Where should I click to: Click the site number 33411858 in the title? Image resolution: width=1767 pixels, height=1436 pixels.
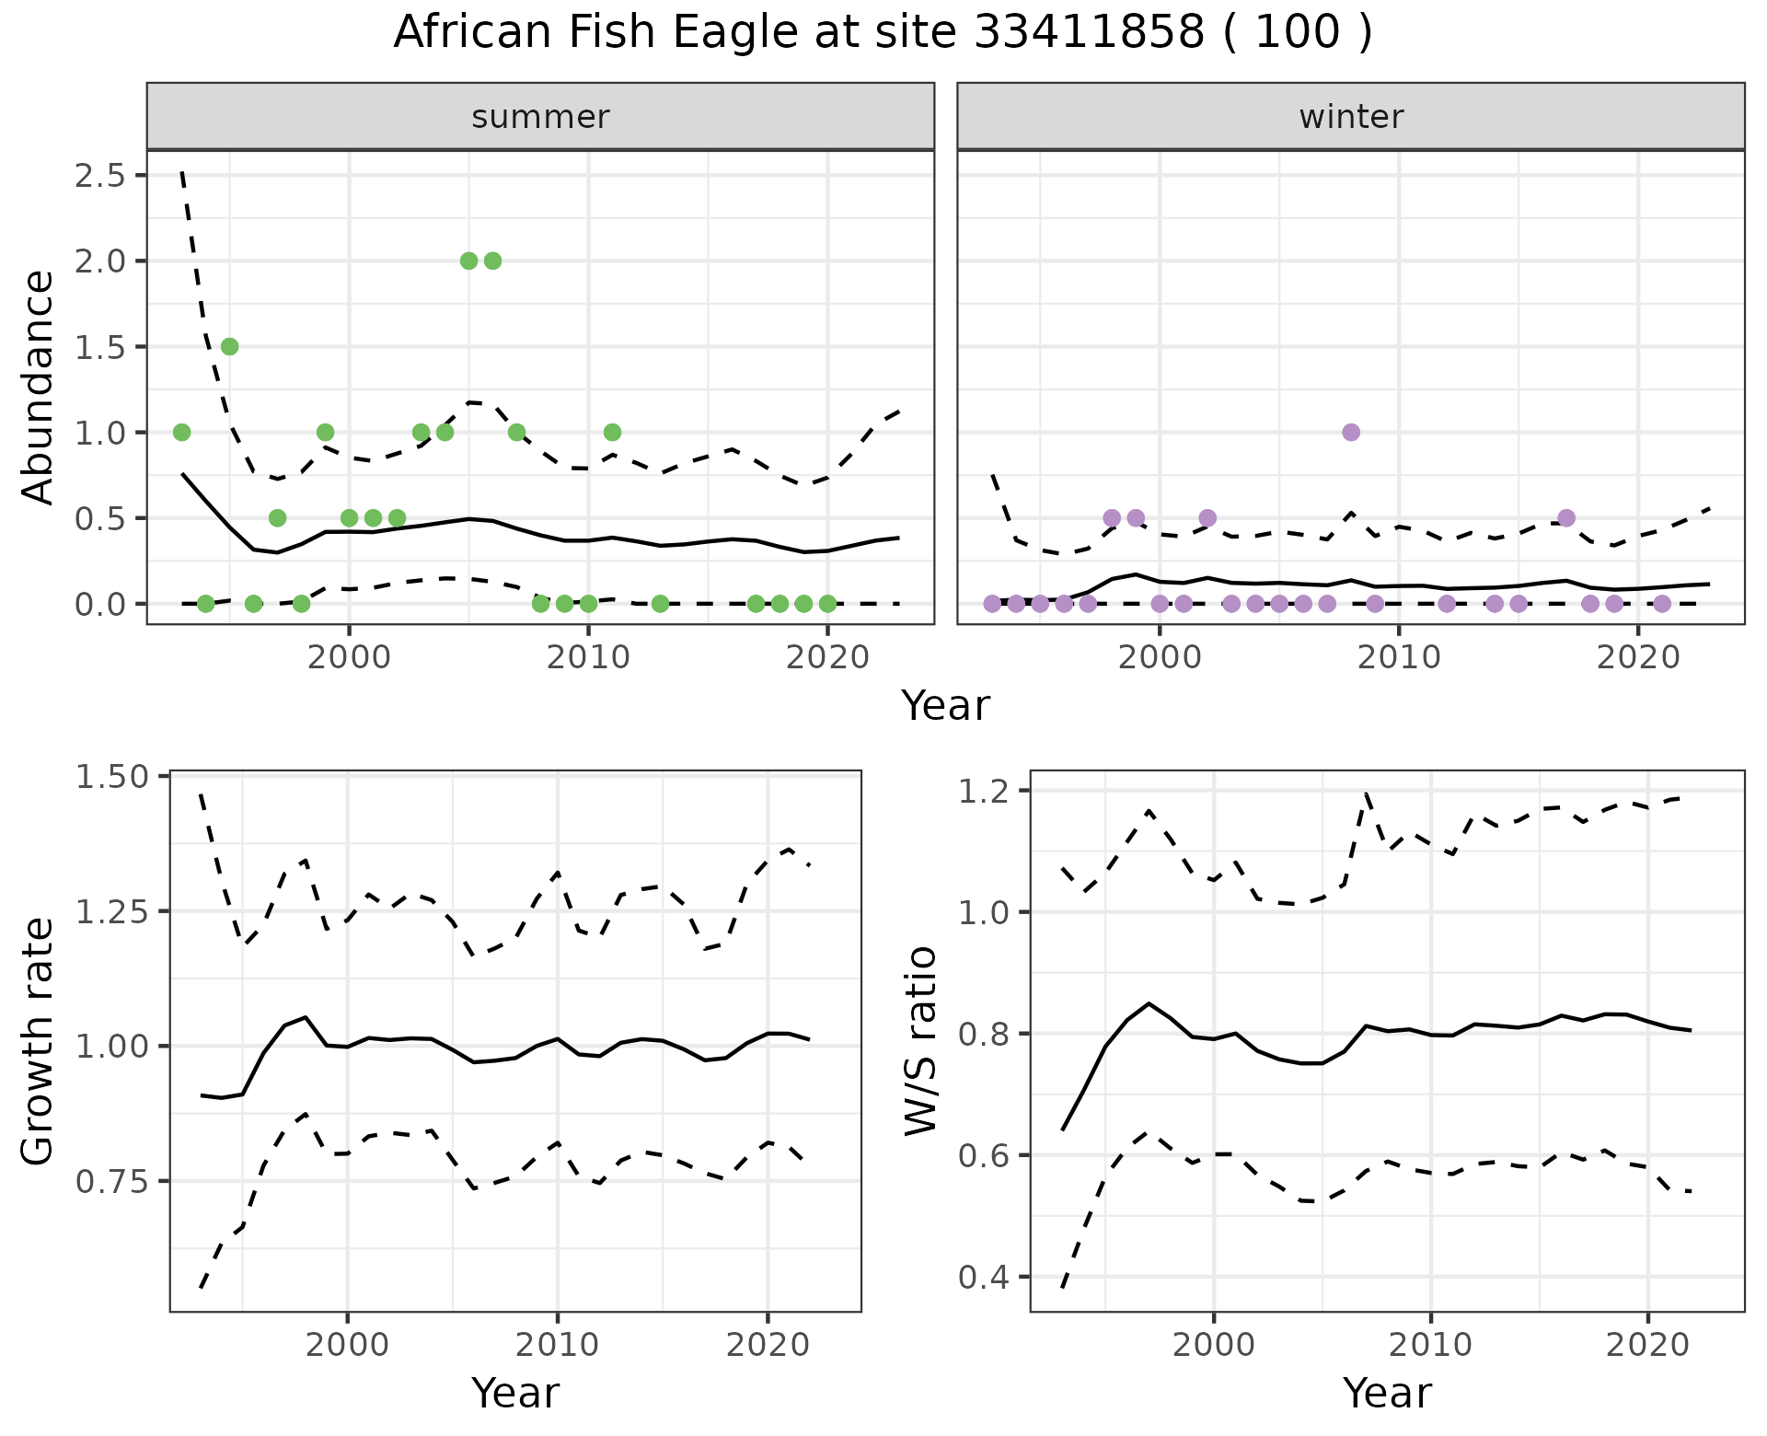(x=1089, y=33)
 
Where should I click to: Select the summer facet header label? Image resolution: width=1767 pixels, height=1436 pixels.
(x=540, y=117)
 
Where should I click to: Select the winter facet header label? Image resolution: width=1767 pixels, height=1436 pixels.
(x=1350, y=117)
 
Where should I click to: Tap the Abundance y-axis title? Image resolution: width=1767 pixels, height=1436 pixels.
(x=38, y=388)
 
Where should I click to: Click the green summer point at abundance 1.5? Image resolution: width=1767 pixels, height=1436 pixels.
(x=229, y=346)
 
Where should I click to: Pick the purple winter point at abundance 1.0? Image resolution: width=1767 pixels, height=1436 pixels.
(x=1351, y=433)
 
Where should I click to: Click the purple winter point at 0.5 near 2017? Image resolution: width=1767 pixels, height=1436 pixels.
(x=1566, y=517)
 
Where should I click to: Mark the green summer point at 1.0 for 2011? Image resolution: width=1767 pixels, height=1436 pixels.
(x=612, y=433)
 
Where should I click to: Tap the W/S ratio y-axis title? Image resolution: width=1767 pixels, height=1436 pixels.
(x=920, y=1041)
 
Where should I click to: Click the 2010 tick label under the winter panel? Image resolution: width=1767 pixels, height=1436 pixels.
(x=1399, y=657)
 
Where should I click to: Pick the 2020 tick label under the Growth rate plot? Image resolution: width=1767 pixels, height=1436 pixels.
(x=768, y=1345)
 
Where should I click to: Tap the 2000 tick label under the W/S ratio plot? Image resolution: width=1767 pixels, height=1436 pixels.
(x=1213, y=1345)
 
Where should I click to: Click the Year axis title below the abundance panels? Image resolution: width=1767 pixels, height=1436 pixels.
(x=945, y=706)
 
